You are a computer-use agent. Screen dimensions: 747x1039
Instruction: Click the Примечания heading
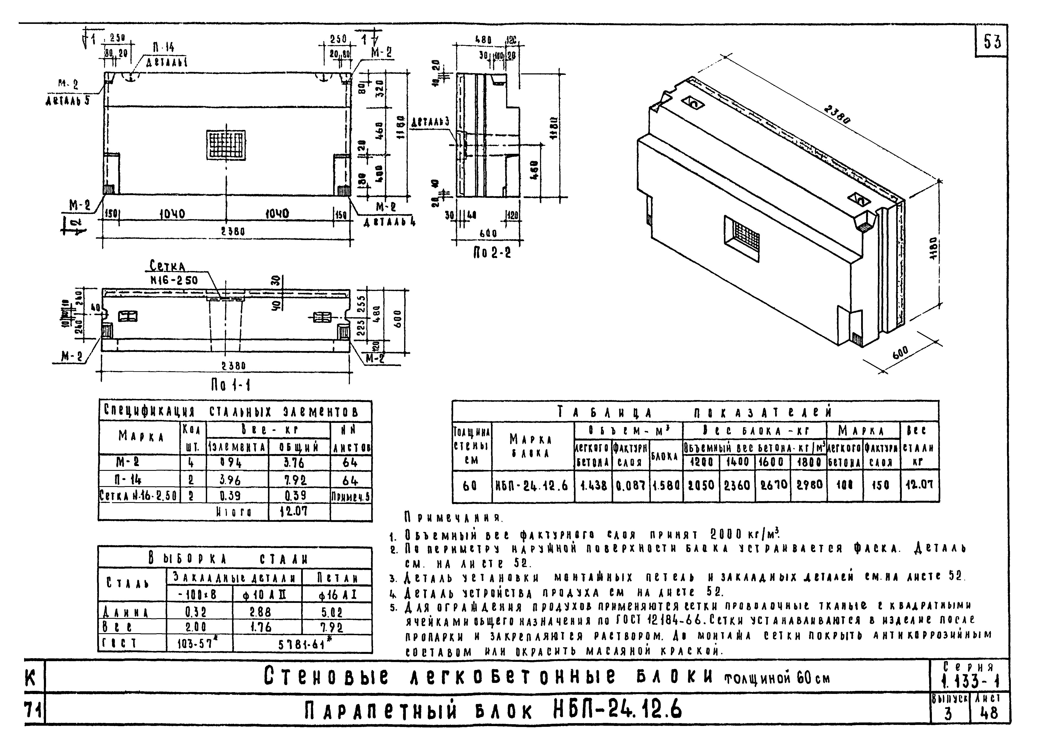point(453,518)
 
